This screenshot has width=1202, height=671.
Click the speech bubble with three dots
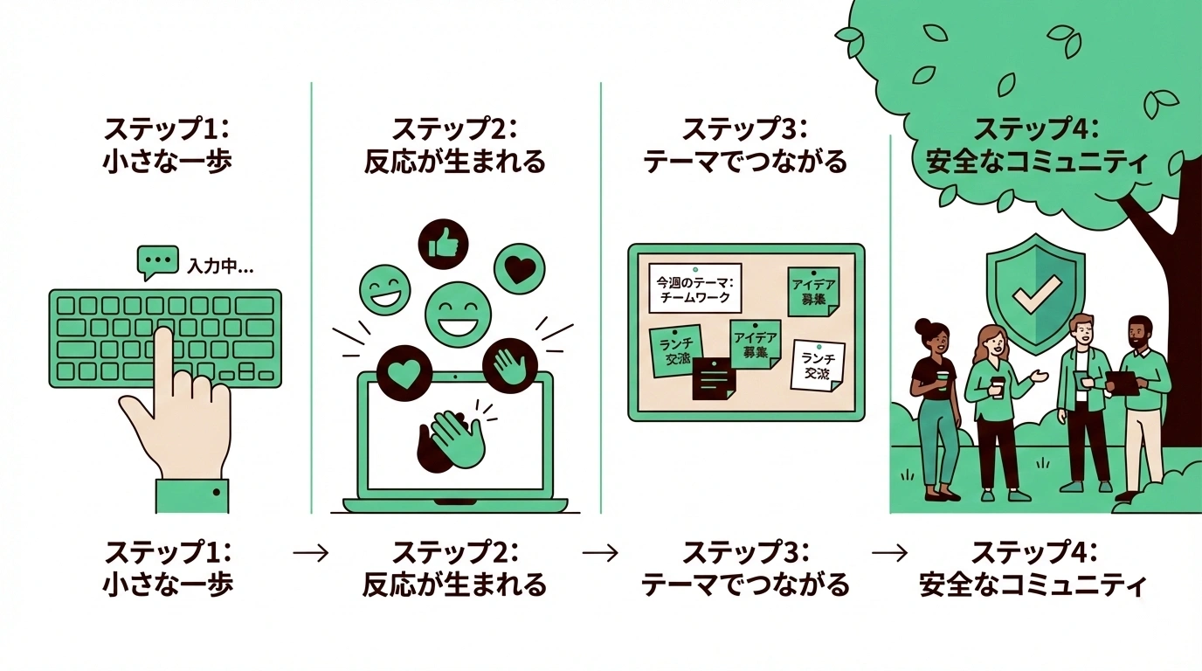[x=158, y=261]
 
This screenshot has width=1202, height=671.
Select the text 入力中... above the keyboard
[x=220, y=266]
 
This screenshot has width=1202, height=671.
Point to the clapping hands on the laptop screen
[x=452, y=437]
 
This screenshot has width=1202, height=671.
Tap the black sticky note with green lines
[x=715, y=379]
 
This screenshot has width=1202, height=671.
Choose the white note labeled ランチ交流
[x=818, y=366]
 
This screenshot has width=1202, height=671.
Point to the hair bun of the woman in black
[x=923, y=328]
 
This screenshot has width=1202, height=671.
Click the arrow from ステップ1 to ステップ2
[x=311, y=553]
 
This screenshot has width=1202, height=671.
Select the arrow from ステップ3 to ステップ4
[x=890, y=553]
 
